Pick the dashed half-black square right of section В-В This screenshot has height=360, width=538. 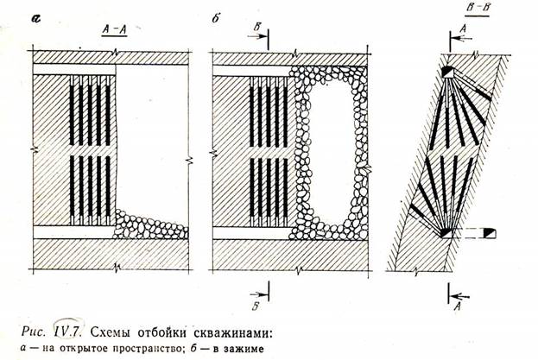[489, 233]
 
